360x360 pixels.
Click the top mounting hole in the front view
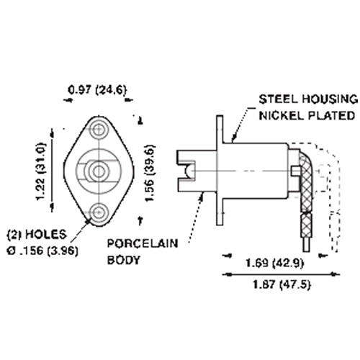click(x=98, y=130)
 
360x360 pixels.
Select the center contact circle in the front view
click(x=98, y=170)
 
